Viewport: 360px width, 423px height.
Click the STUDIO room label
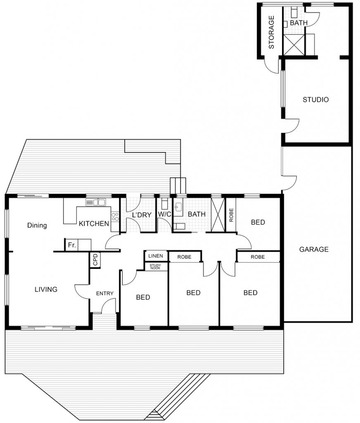point(315,100)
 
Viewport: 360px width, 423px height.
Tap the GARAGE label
point(314,249)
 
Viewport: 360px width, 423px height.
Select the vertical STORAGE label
point(271,32)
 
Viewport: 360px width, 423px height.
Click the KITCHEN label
point(94,223)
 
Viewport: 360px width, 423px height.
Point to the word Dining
point(37,225)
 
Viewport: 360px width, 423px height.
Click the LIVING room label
point(46,290)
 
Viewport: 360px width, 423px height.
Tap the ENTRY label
point(104,293)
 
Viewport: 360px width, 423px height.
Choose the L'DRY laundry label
point(142,215)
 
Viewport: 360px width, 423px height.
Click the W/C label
point(164,214)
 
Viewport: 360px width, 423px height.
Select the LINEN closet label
point(156,256)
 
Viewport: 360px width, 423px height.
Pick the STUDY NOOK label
point(155,267)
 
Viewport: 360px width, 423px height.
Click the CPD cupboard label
point(95,259)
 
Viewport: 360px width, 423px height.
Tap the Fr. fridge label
point(72,245)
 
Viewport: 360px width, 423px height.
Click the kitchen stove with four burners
point(115,216)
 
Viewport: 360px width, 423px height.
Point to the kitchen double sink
point(96,202)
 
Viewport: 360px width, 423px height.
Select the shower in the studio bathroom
point(294,45)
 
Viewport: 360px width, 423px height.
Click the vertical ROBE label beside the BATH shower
point(231,215)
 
